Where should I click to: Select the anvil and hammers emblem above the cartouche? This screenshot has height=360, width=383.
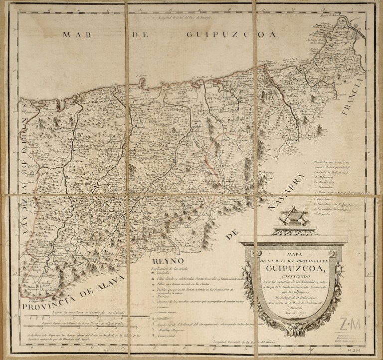[292, 216]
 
